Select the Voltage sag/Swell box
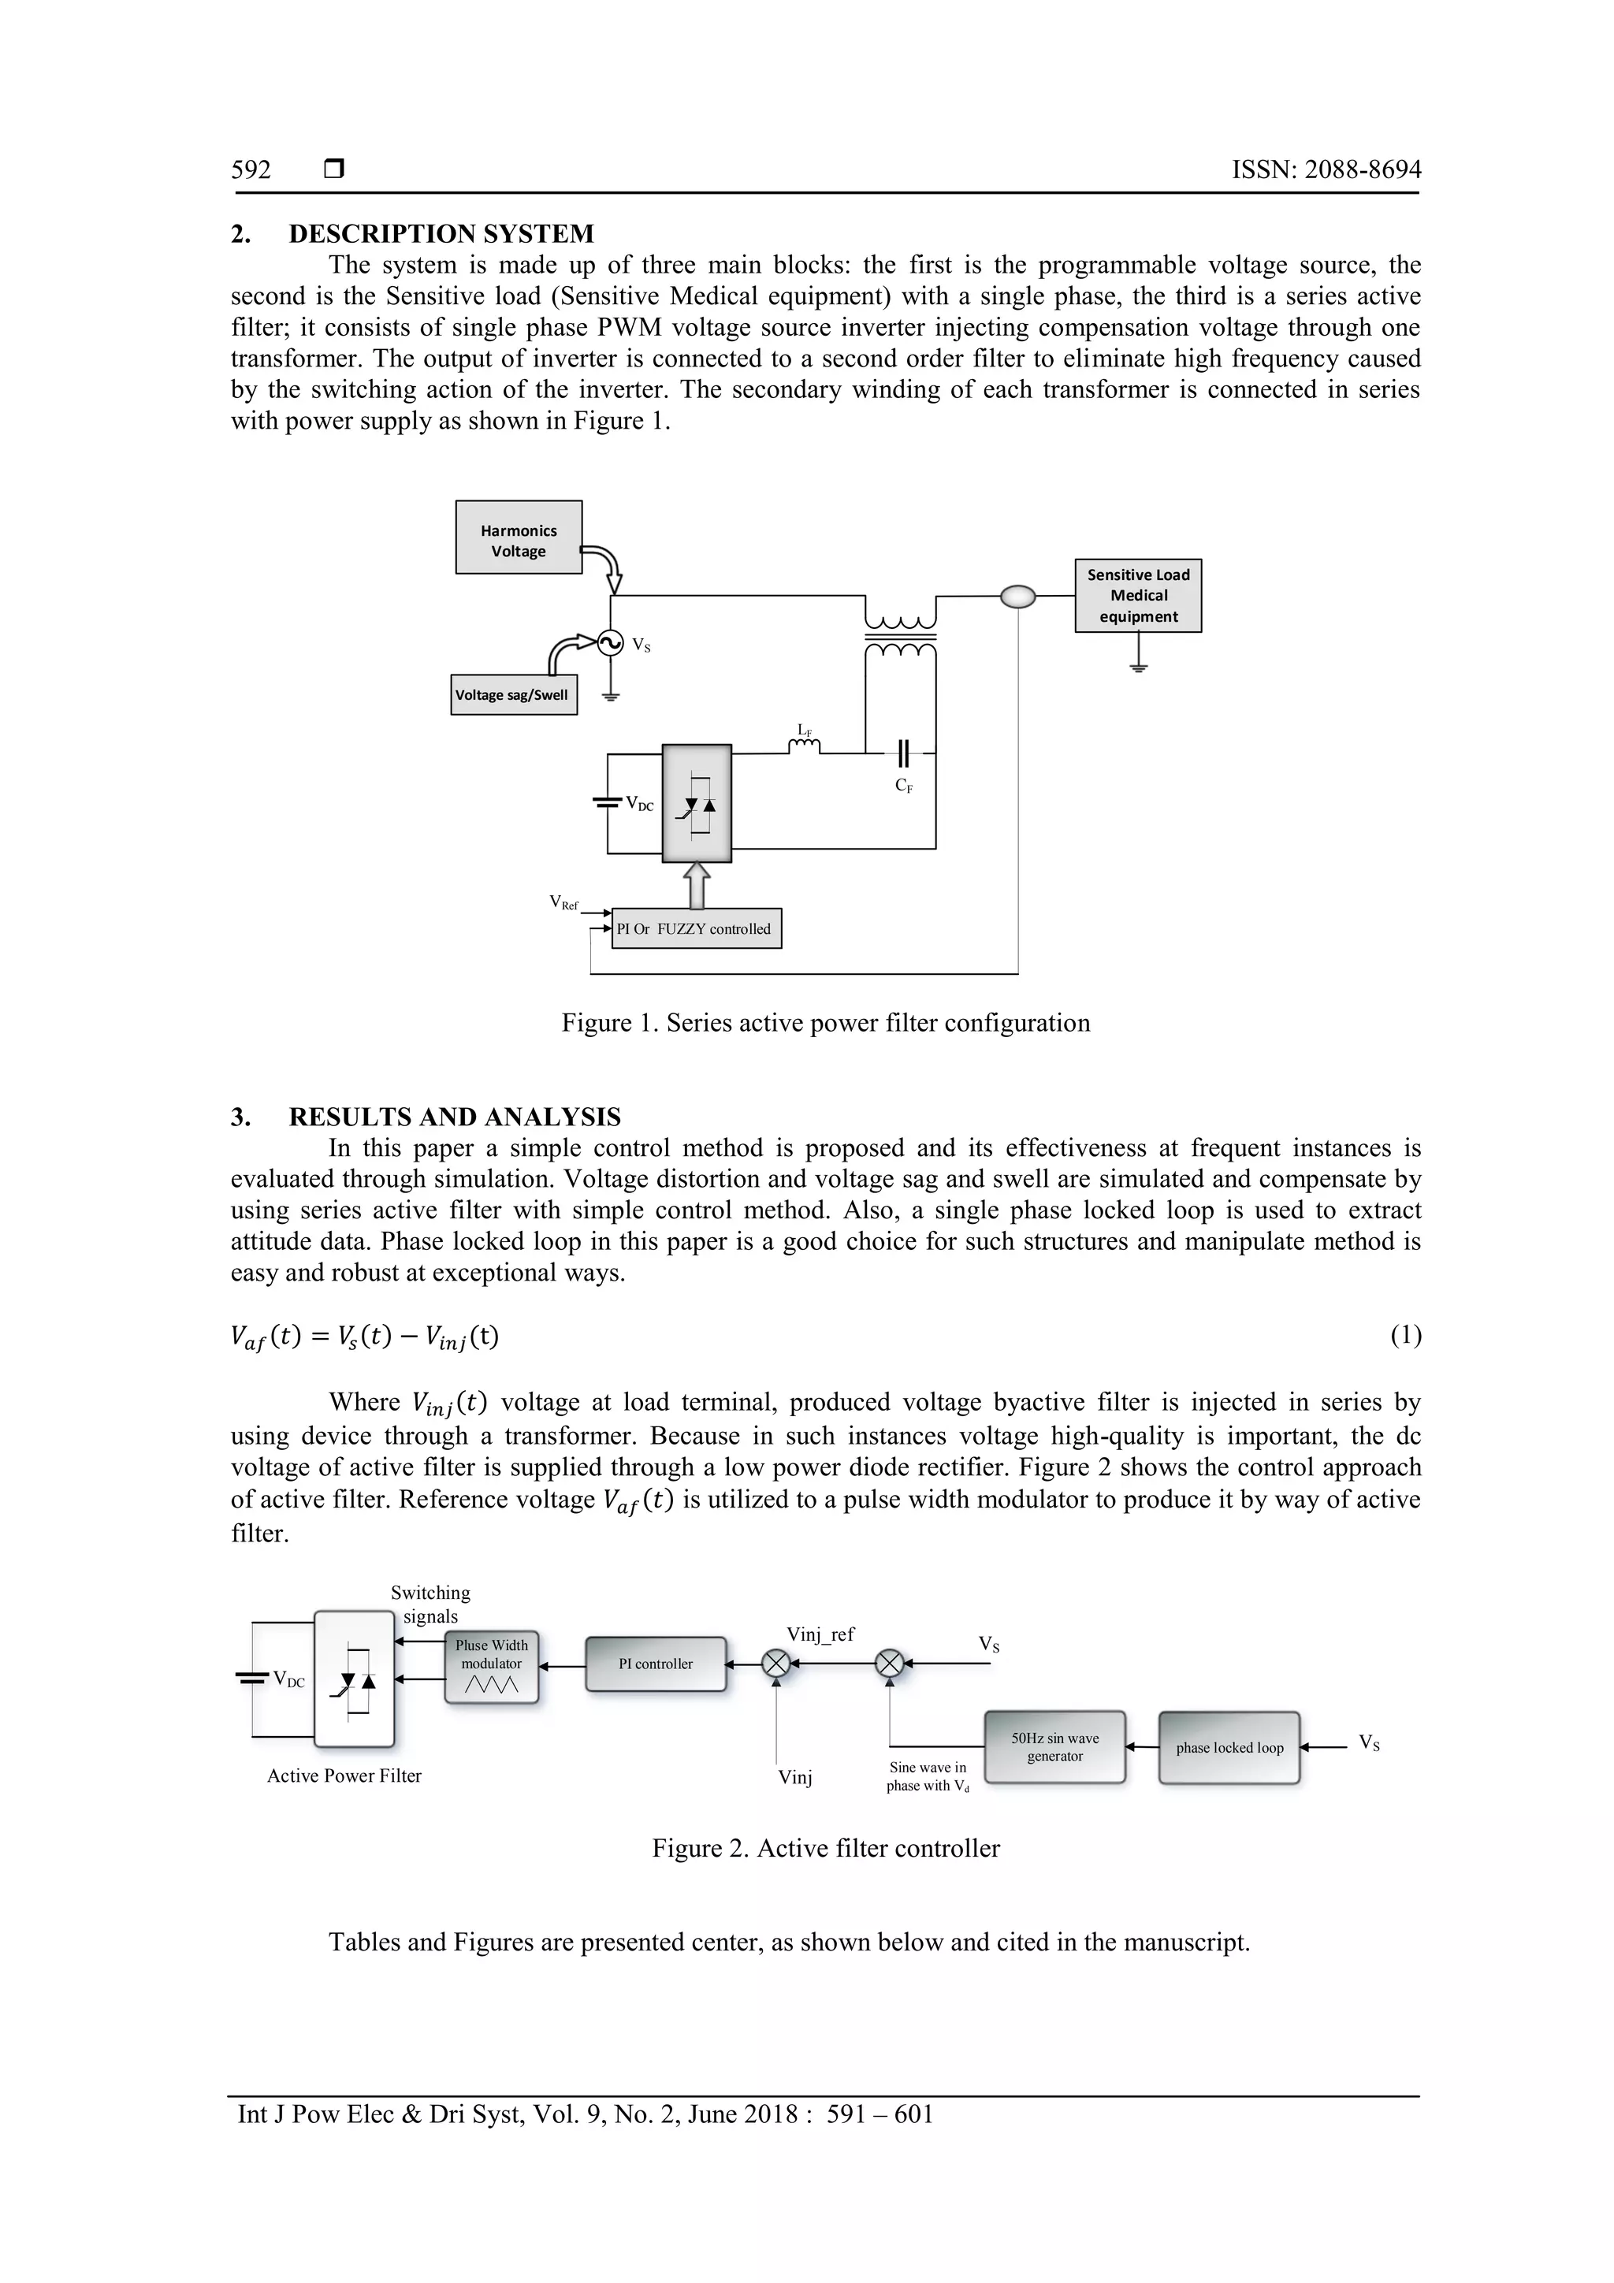[x=513, y=695]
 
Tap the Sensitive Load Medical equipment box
[x=1138, y=596]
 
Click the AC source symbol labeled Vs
[x=611, y=643]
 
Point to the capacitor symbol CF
[x=903, y=753]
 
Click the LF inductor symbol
[x=805, y=748]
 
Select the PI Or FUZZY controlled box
[x=696, y=928]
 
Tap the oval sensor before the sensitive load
[x=1017, y=597]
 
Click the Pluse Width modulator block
[x=491, y=1668]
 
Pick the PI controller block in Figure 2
[x=656, y=1664]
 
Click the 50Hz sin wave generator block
[x=1054, y=1747]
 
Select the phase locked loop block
[x=1229, y=1747]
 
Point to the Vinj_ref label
[x=820, y=1634]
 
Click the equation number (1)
[x=1405, y=1336]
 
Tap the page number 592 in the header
[x=251, y=170]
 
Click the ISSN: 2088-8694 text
[x=1326, y=170]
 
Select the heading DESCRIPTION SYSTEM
[x=441, y=234]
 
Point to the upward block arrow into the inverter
[x=697, y=885]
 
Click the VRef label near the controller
[x=563, y=903]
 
